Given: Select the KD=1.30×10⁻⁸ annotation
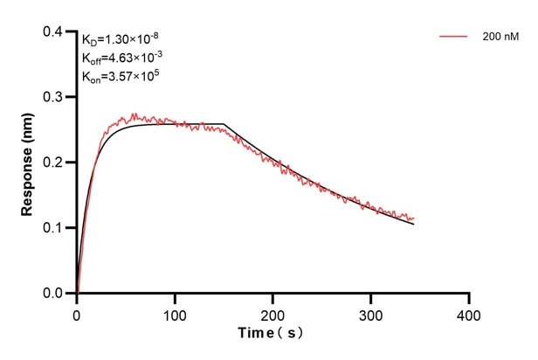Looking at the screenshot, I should (x=120, y=38).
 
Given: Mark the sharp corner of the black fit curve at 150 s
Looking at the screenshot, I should (x=224, y=124).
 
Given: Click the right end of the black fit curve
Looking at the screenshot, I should (x=414, y=225).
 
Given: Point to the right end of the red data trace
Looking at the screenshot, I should (x=414, y=218).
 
